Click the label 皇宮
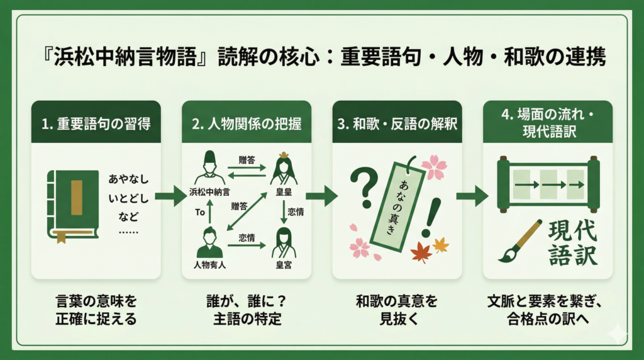click(x=283, y=264)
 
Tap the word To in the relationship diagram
click(x=201, y=213)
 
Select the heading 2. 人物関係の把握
click(x=247, y=123)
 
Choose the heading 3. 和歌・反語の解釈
click(x=397, y=123)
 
